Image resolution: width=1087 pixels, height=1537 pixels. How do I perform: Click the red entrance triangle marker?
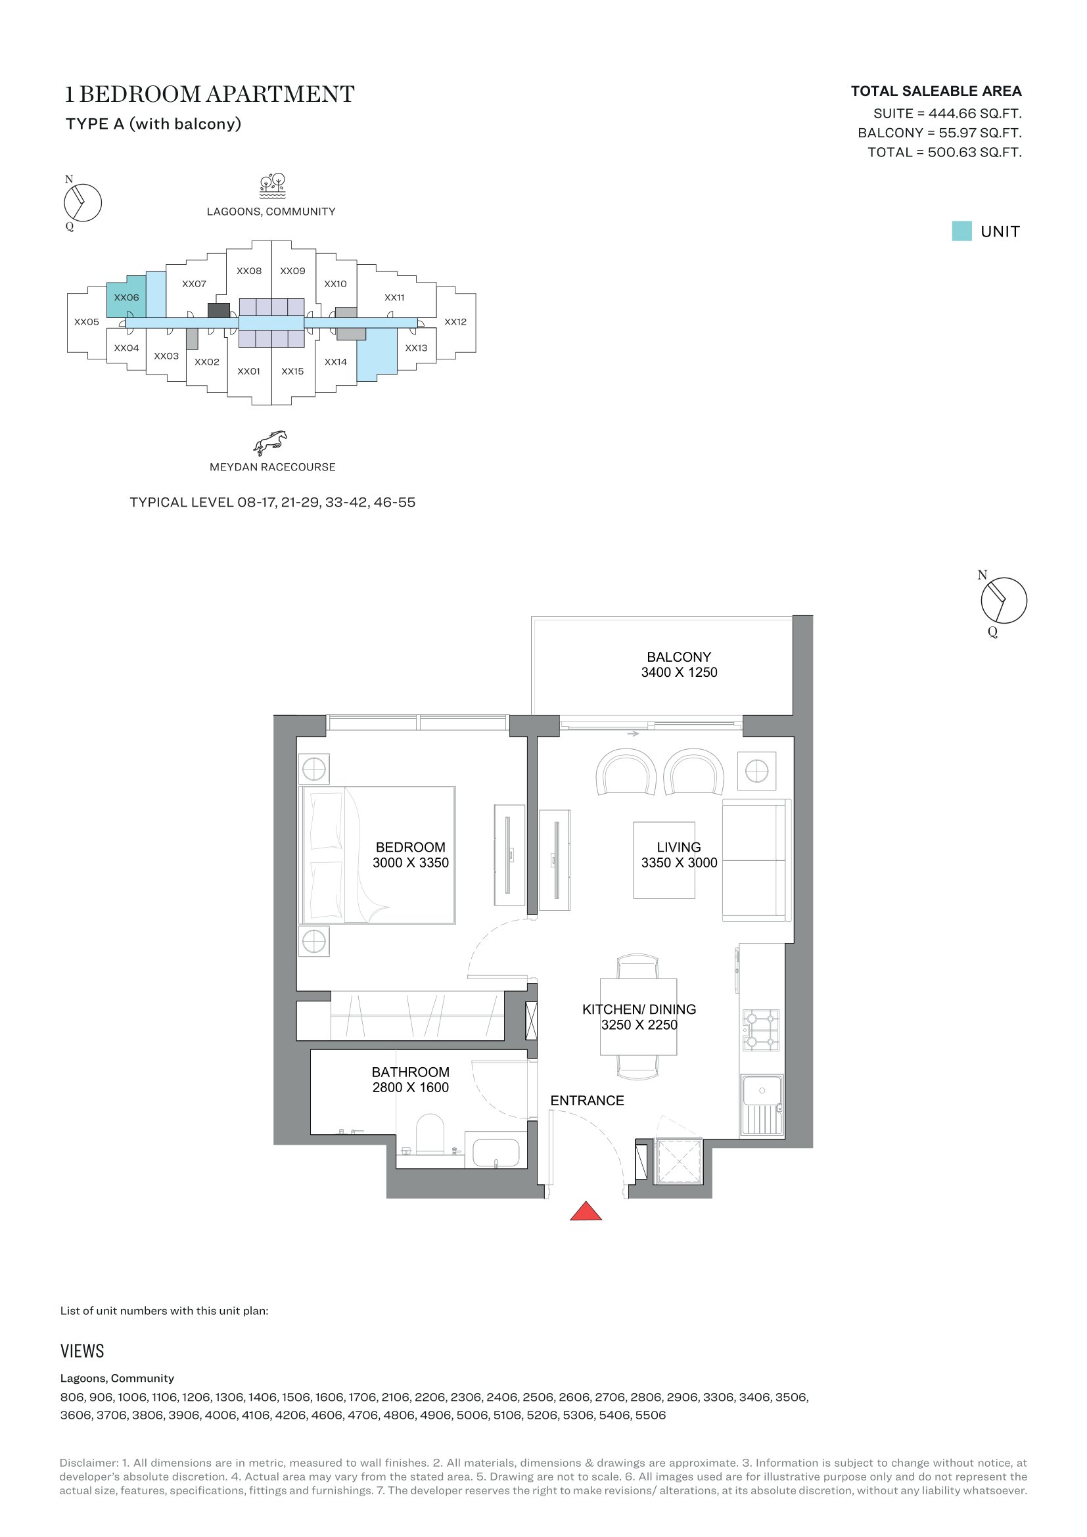(x=586, y=1211)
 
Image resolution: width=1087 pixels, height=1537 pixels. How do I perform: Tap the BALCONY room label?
(x=679, y=657)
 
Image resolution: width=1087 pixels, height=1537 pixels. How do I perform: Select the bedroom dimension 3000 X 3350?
(x=410, y=863)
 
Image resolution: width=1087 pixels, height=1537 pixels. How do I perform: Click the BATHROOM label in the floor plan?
(x=410, y=1072)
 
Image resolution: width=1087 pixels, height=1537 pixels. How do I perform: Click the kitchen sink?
(x=762, y=1105)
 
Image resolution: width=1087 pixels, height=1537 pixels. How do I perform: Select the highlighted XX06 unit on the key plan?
(x=126, y=296)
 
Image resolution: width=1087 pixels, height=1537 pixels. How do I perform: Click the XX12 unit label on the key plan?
(x=455, y=322)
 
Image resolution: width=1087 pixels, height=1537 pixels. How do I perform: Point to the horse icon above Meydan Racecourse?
(x=270, y=442)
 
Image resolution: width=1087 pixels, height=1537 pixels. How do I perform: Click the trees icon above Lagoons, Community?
(x=273, y=186)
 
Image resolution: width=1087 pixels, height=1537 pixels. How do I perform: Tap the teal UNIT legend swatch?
(x=962, y=231)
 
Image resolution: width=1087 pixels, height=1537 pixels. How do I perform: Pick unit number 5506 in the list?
(x=650, y=1415)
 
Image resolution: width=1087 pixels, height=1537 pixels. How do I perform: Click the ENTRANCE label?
(x=587, y=1101)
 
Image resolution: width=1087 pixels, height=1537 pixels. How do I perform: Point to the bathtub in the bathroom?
(x=496, y=1152)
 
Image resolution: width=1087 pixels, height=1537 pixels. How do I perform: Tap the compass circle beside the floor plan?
(x=1004, y=601)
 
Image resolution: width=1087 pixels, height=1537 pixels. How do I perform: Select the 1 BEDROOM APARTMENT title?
(x=210, y=95)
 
